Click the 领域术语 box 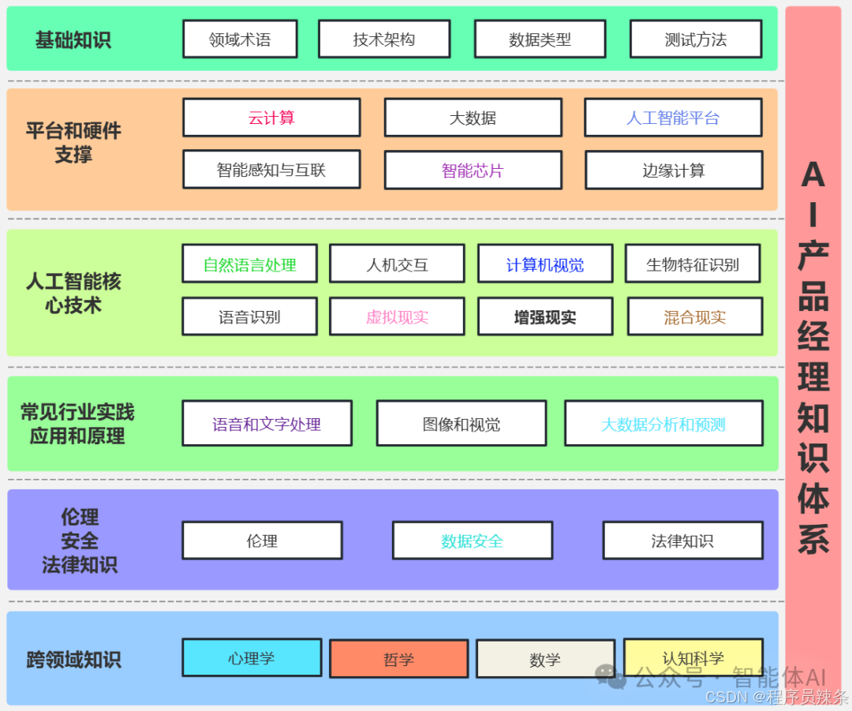pyautogui.click(x=240, y=39)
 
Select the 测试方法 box pyautogui.click(x=695, y=39)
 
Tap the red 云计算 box pyautogui.click(x=271, y=118)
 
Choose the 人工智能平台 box pyautogui.click(x=673, y=118)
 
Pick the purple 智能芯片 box pyautogui.click(x=473, y=170)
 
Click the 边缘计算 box pyautogui.click(x=674, y=170)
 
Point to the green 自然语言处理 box pyautogui.click(x=249, y=264)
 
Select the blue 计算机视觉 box pyautogui.click(x=545, y=264)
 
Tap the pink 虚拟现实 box pyautogui.click(x=397, y=317)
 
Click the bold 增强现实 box pyautogui.click(x=545, y=317)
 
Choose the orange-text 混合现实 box pyautogui.click(x=695, y=317)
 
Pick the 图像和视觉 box pyautogui.click(x=461, y=424)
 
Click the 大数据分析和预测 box pyautogui.click(x=663, y=424)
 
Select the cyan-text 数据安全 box pyautogui.click(x=472, y=541)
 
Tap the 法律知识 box pyautogui.click(x=682, y=541)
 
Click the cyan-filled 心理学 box pyautogui.click(x=252, y=658)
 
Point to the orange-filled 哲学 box pyautogui.click(x=398, y=659)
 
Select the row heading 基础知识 pyautogui.click(x=73, y=39)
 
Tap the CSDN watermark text pyautogui.click(x=776, y=697)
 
